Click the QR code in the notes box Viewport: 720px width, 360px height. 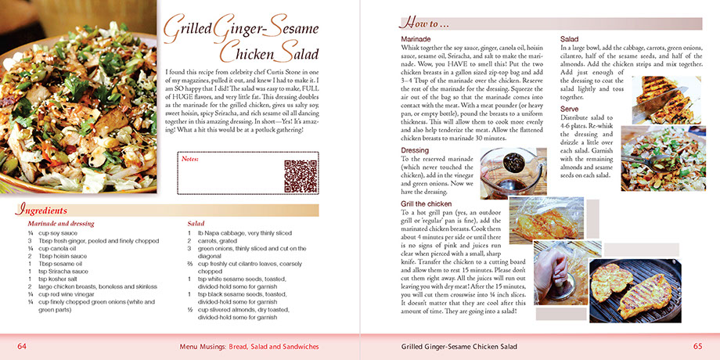coord(299,175)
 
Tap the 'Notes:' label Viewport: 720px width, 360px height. coord(191,159)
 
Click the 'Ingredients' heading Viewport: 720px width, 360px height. coord(45,210)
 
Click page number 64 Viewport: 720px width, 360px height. coord(23,346)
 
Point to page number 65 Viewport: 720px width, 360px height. coord(697,346)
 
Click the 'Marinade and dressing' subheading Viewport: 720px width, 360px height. coord(60,224)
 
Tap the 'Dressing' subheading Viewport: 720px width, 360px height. coord(415,149)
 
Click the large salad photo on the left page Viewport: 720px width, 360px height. coord(78,98)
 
